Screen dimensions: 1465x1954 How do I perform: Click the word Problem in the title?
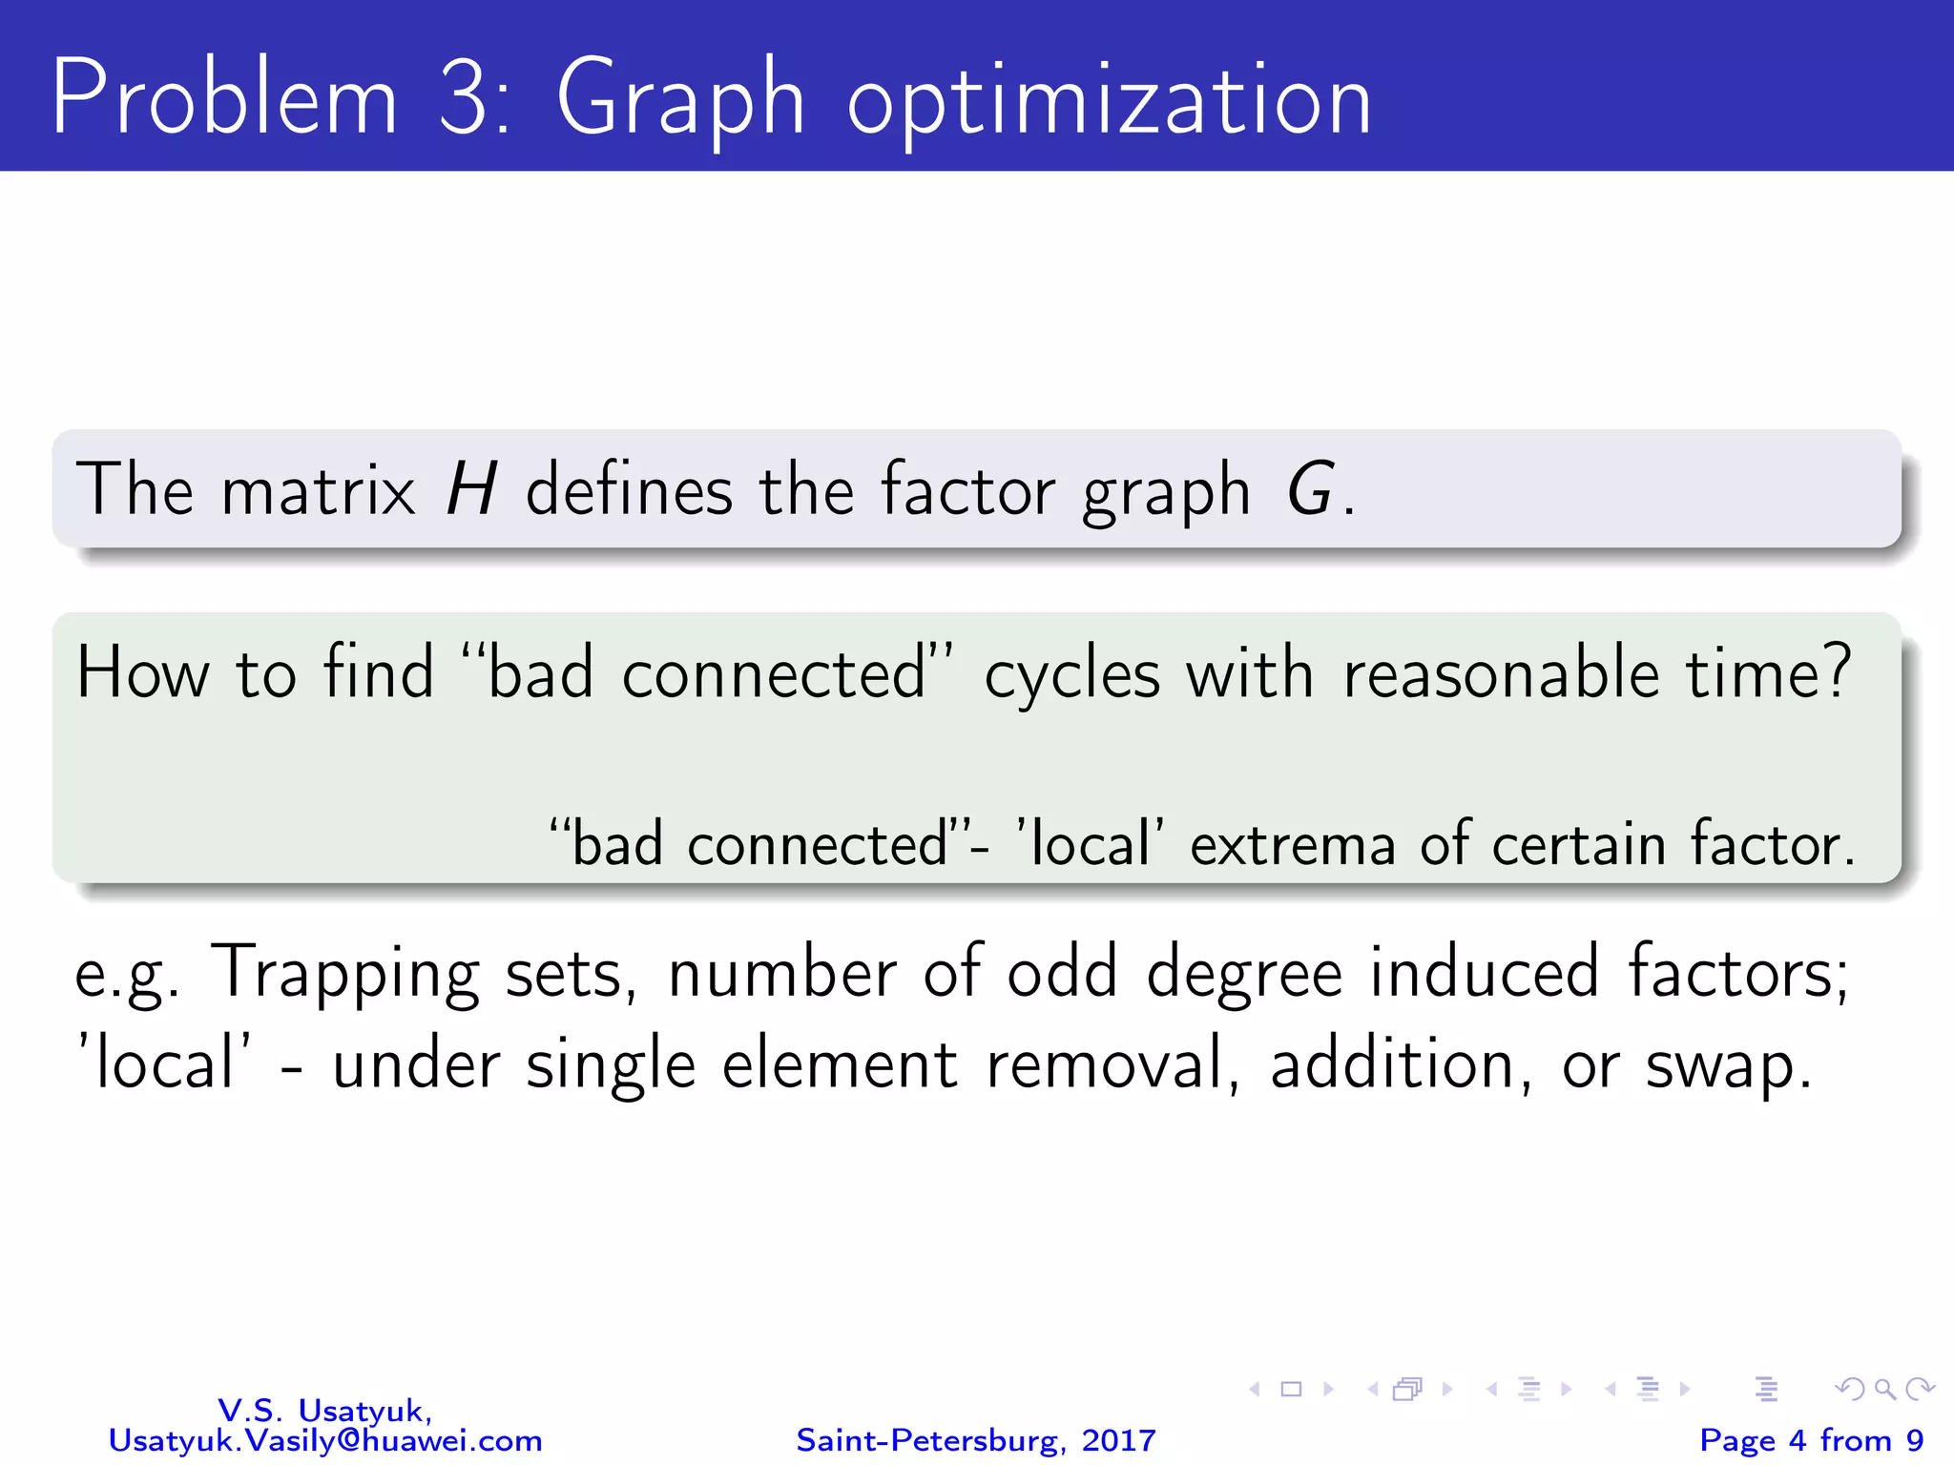(224, 98)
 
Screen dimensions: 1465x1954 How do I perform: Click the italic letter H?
(471, 490)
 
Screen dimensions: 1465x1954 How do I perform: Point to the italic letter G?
(1309, 490)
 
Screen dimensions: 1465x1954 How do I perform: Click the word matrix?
(318, 490)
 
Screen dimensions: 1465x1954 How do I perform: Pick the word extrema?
(1293, 845)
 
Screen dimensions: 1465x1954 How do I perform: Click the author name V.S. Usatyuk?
(324, 1410)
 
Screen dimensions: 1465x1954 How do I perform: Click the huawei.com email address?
(324, 1440)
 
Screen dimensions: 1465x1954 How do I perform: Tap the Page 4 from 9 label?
(1811, 1440)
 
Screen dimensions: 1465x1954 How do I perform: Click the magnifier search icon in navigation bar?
(1884, 1390)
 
